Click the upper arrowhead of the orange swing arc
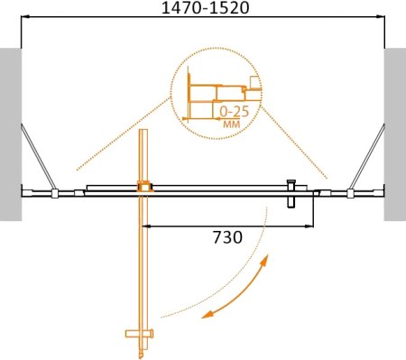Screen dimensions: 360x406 click(x=264, y=261)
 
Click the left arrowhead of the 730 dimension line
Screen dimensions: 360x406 click(x=148, y=225)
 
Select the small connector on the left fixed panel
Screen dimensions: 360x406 click(x=55, y=192)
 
